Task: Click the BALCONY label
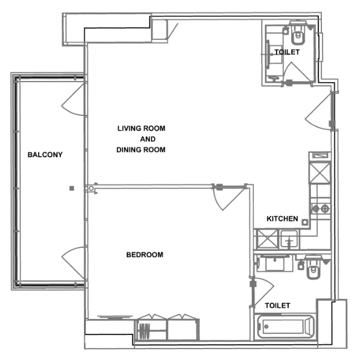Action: (x=45, y=155)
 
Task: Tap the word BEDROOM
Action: (x=144, y=255)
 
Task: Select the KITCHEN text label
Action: (x=282, y=219)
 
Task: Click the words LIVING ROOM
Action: (x=141, y=128)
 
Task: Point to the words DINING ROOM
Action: (x=141, y=150)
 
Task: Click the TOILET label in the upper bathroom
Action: (x=287, y=52)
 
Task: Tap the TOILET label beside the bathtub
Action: (x=278, y=305)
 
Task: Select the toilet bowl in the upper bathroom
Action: (x=298, y=29)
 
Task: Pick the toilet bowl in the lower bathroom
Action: (x=313, y=269)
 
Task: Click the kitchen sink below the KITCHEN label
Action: (x=289, y=238)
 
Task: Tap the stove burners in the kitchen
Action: (x=320, y=209)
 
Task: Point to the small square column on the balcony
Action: (x=71, y=188)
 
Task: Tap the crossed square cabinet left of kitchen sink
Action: (x=266, y=238)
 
